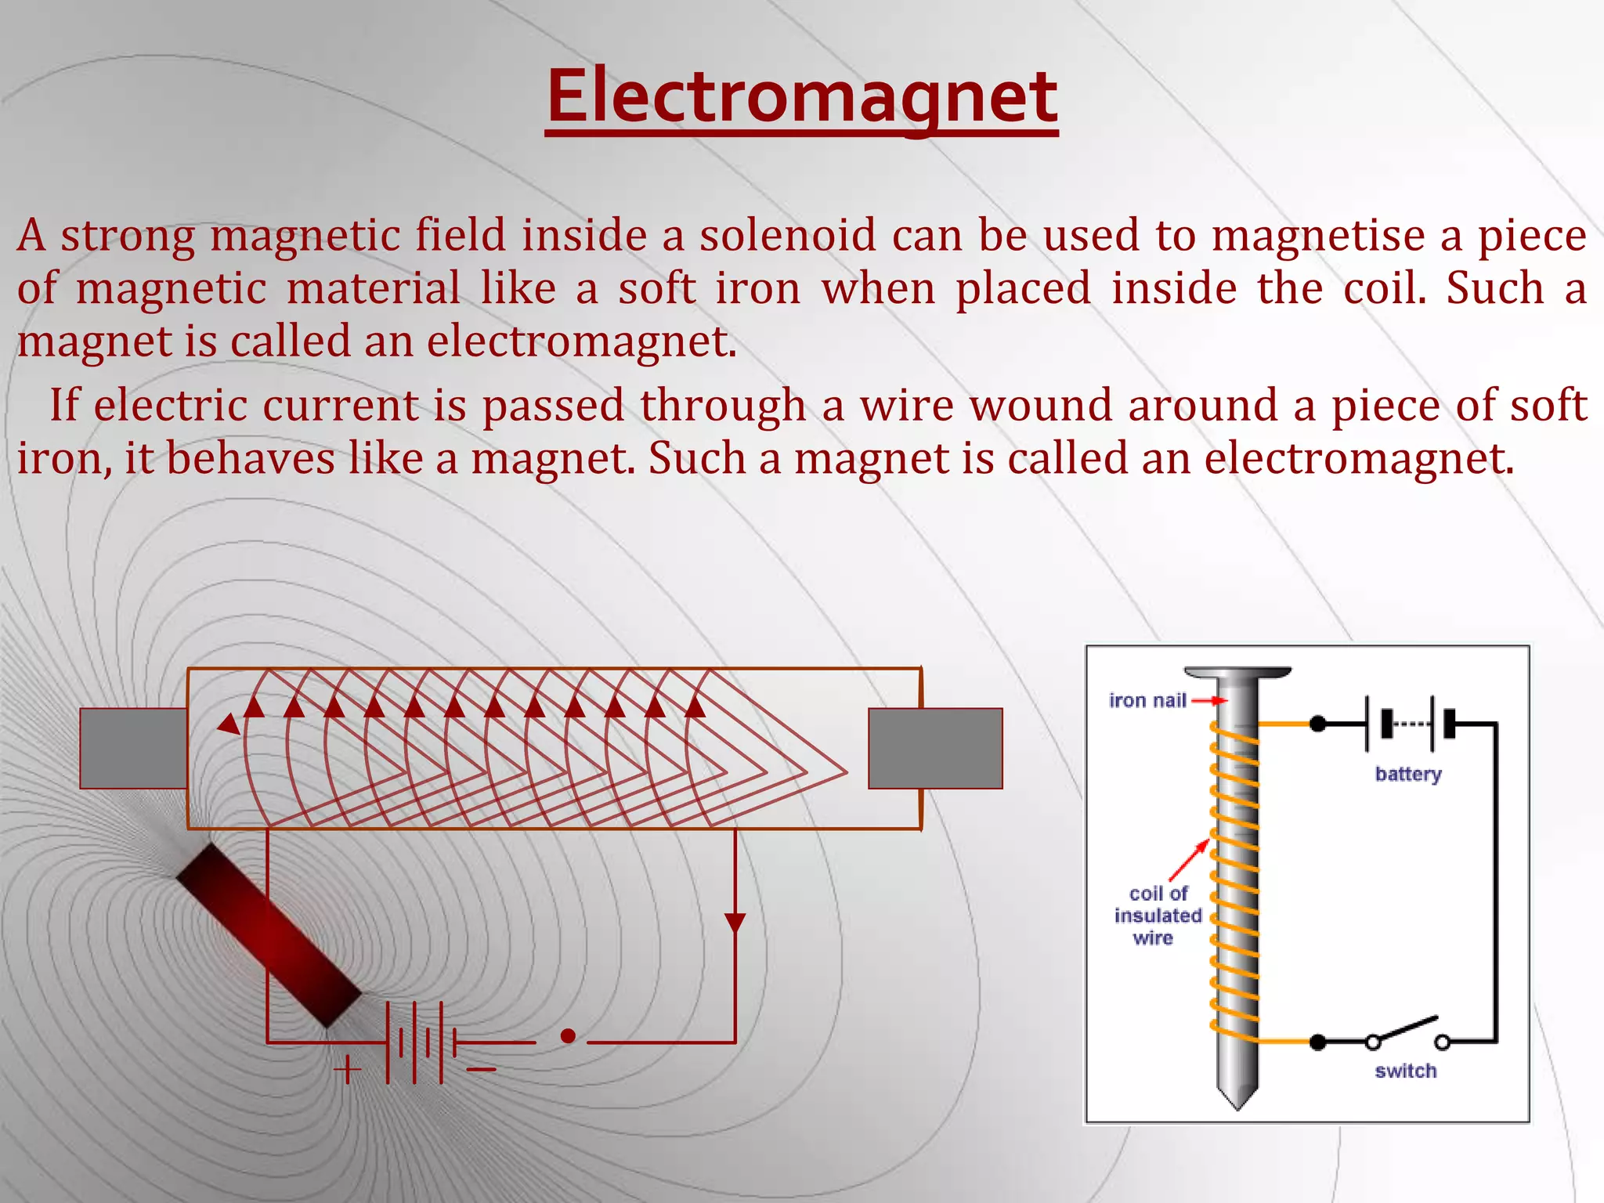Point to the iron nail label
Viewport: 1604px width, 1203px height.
click(x=1147, y=700)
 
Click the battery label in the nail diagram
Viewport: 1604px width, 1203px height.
click(x=1407, y=774)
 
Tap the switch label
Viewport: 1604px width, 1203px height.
click(x=1405, y=1071)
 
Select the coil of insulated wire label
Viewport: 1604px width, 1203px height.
click(x=1157, y=916)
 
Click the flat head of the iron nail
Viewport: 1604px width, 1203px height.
click(x=1237, y=673)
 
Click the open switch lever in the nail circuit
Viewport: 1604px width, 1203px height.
click(x=1407, y=1029)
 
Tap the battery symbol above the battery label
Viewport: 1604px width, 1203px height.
click(x=1407, y=724)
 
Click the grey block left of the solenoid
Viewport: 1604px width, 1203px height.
click(x=133, y=748)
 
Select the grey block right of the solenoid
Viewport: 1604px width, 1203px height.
click(x=935, y=748)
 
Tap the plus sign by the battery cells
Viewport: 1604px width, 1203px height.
click(x=347, y=1069)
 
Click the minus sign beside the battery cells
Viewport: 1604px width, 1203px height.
click(x=482, y=1069)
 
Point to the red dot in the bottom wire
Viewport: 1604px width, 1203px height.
click(x=569, y=1036)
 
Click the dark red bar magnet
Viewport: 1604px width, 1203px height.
click(x=269, y=936)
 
